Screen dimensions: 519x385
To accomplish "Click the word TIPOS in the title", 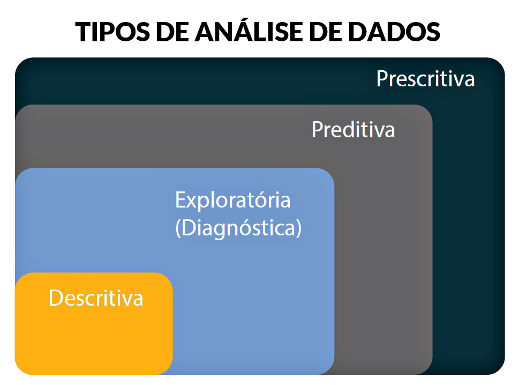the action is [x=112, y=32].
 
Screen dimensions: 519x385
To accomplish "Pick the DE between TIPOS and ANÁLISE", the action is [x=172, y=32].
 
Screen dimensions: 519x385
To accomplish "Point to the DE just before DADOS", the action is [x=325, y=32].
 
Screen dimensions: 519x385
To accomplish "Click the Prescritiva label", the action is [x=426, y=79].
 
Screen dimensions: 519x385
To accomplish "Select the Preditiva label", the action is [x=353, y=130].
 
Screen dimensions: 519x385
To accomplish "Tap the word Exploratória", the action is [x=232, y=200].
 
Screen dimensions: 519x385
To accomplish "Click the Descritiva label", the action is [x=96, y=298].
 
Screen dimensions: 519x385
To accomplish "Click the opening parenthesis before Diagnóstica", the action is [x=178, y=228].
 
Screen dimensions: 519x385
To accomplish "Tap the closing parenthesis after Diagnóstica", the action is [x=298, y=228].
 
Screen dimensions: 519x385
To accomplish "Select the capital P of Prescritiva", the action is [x=382, y=79].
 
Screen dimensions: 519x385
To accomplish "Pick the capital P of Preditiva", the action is [x=318, y=130].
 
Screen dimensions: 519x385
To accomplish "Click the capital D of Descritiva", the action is [x=56, y=298].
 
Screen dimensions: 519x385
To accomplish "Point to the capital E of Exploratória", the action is [x=180, y=200].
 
